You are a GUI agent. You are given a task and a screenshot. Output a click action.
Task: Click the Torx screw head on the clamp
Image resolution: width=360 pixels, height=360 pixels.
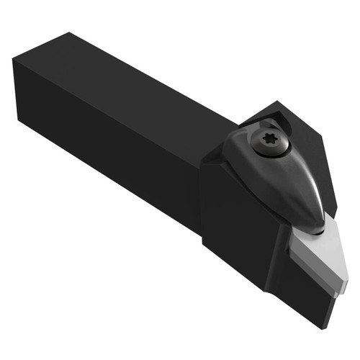click(x=271, y=143)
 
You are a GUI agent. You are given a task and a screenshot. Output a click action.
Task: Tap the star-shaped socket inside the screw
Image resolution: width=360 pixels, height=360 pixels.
click(x=271, y=143)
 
